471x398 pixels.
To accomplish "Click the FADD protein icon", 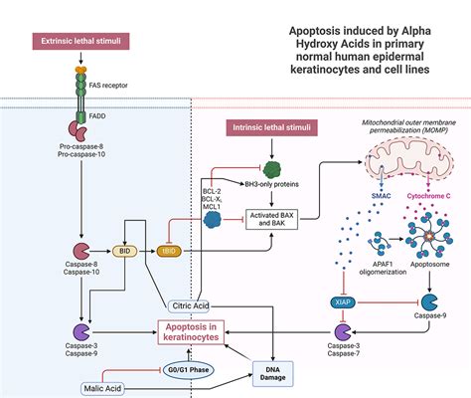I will pos(78,129).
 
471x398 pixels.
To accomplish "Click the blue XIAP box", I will pos(338,299).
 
